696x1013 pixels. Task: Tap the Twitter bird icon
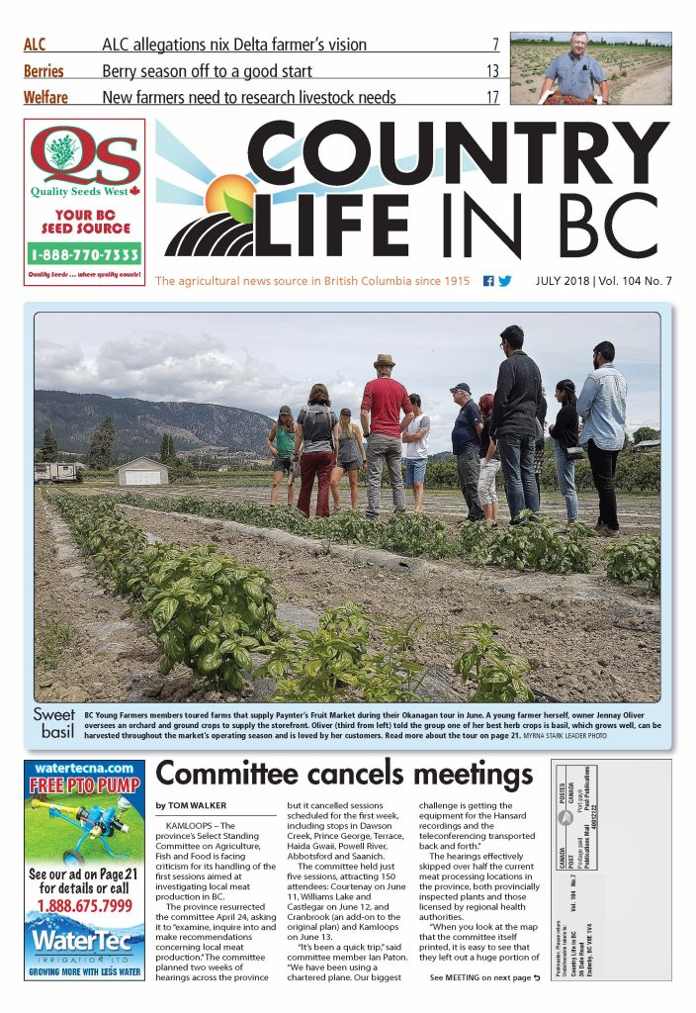tap(505, 281)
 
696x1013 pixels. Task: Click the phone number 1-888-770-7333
tap(85, 254)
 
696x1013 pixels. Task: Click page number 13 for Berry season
tap(492, 71)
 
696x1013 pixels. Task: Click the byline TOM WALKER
tap(197, 806)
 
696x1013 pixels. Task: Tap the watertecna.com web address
tap(84, 768)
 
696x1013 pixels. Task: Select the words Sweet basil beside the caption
tap(56, 723)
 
